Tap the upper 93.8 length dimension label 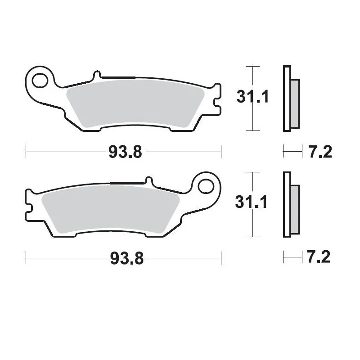click(125, 153)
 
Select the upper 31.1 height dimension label click(252, 96)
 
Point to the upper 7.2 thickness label click(320, 153)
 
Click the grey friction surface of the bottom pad click(112, 209)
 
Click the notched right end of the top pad click(217, 99)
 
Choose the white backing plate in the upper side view click(286, 99)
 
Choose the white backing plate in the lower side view click(286, 204)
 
